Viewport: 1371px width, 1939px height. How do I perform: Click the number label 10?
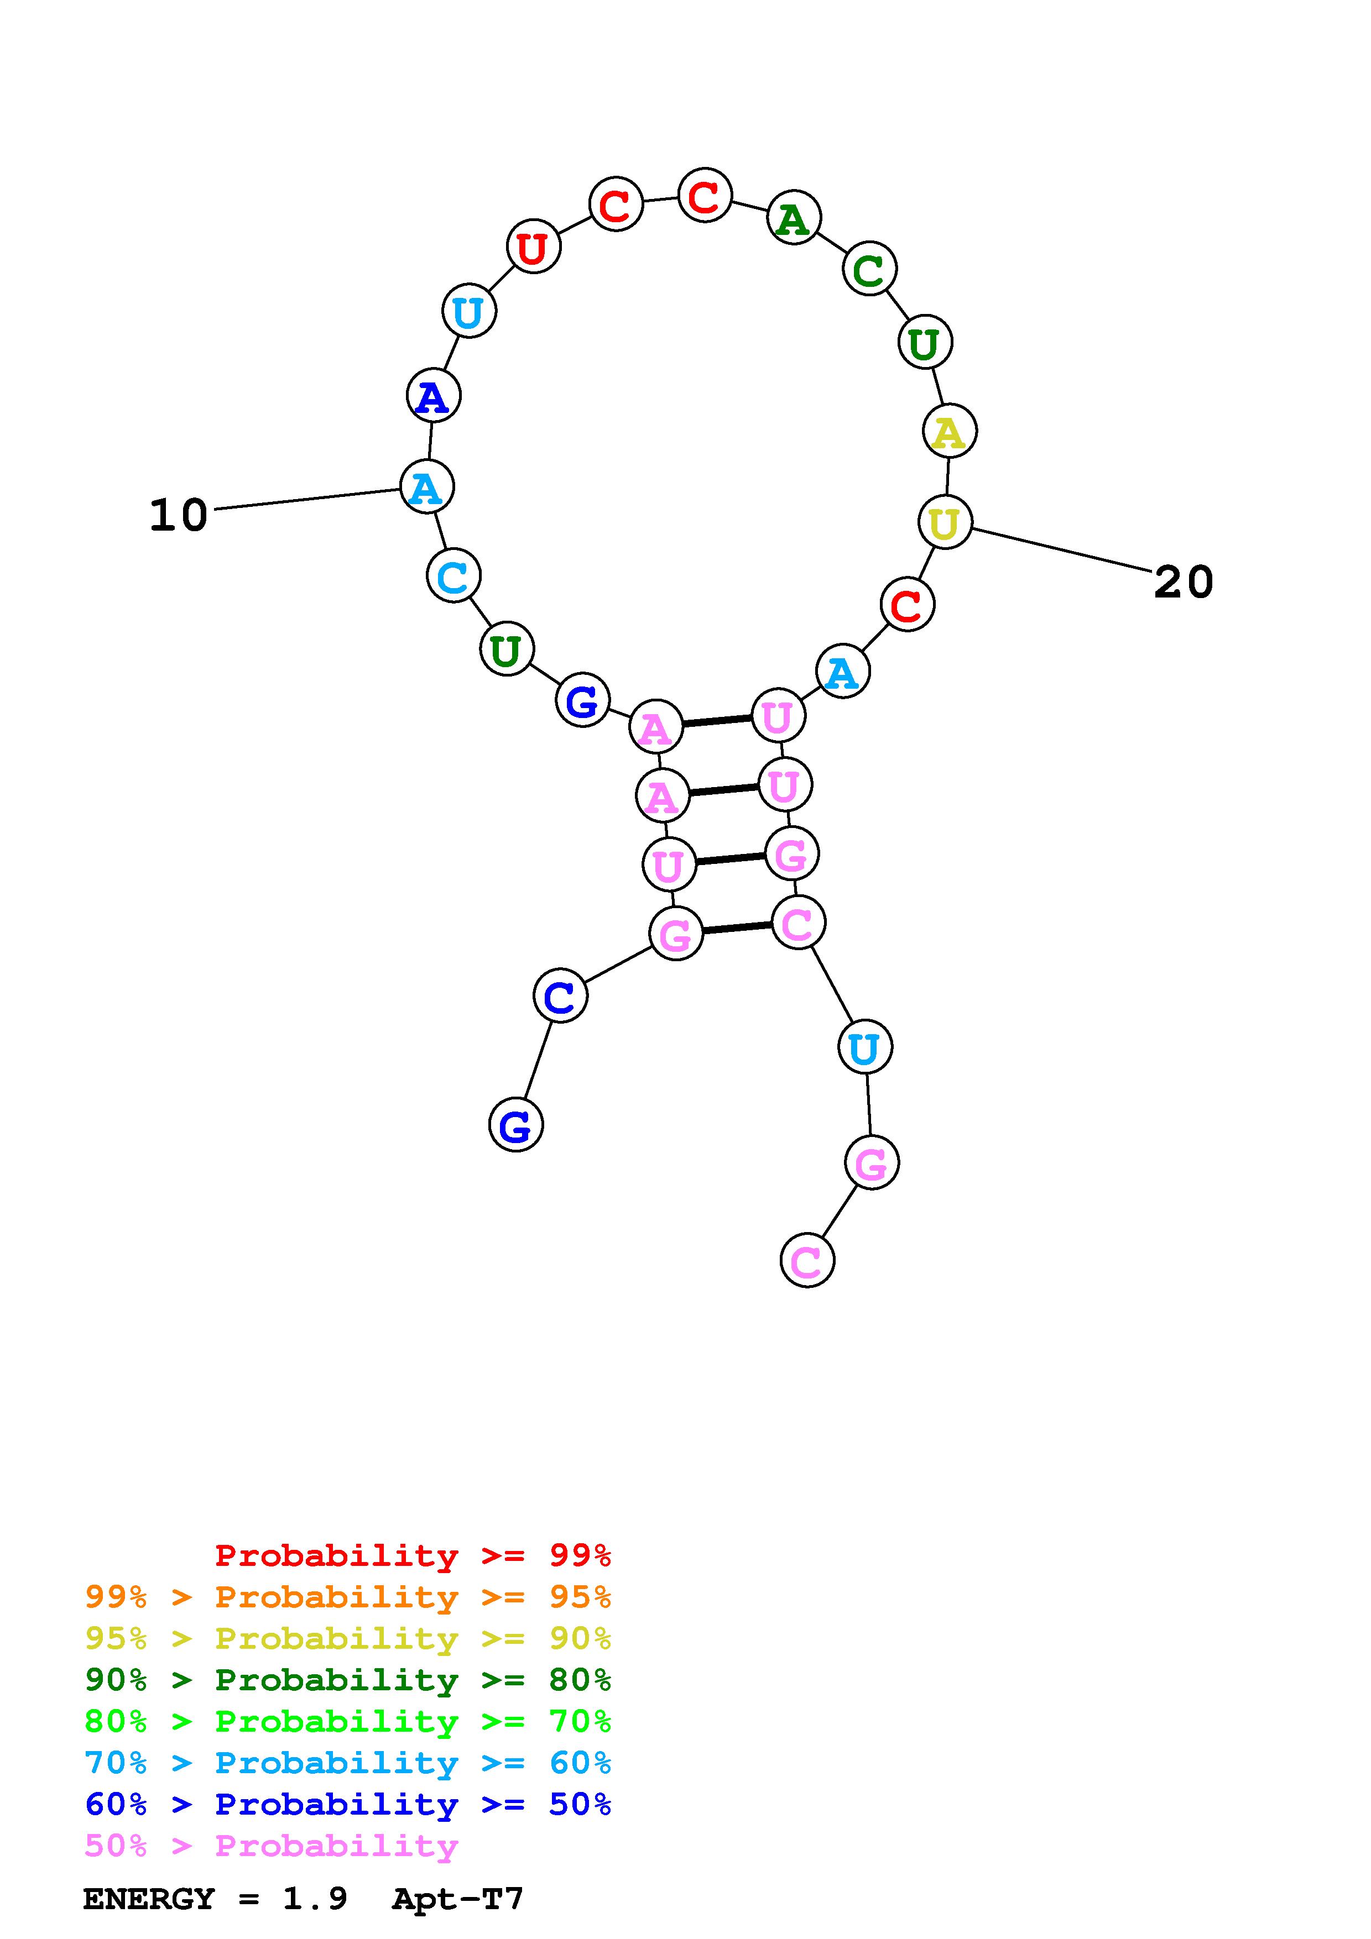(178, 515)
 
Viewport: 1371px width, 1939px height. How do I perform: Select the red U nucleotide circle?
(533, 248)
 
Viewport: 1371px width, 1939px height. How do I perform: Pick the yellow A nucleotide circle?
(948, 432)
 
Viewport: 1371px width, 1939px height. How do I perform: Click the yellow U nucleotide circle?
(945, 523)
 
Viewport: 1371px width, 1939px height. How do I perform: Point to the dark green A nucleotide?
(793, 219)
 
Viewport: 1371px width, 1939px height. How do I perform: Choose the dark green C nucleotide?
(868, 269)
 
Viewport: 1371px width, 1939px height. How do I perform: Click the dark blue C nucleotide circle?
(559, 997)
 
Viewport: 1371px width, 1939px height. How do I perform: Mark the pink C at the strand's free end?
(807, 1261)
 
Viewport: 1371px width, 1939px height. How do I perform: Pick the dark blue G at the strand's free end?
(515, 1125)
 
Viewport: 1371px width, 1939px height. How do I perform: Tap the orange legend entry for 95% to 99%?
(348, 1597)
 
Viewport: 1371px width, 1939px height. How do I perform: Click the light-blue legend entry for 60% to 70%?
(348, 1763)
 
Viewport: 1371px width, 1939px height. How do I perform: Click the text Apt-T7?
(458, 1899)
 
